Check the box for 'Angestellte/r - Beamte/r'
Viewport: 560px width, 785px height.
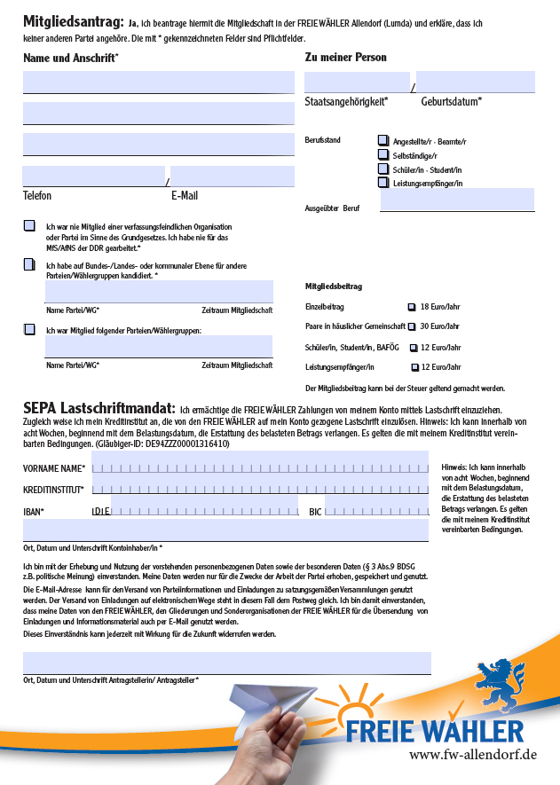[x=383, y=140]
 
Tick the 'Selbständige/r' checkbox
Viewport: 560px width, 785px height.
[x=383, y=155]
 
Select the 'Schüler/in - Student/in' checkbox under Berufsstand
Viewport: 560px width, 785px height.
[x=383, y=169]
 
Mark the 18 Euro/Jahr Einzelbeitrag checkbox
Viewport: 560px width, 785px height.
[x=411, y=307]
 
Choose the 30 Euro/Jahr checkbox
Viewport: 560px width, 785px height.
[x=412, y=326]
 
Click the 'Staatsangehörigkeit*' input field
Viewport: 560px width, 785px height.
[x=357, y=82]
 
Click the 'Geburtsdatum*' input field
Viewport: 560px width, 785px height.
[x=475, y=82]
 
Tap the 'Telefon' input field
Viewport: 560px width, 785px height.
[x=93, y=177]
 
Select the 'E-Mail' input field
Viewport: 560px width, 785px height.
[x=232, y=177]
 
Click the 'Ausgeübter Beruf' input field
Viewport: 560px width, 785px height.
[x=457, y=200]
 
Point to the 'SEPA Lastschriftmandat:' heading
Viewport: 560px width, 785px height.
[x=99, y=407]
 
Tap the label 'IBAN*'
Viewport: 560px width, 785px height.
[x=34, y=512]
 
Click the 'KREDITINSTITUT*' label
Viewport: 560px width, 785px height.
[x=53, y=490]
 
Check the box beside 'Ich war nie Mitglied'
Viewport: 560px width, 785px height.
[x=29, y=226]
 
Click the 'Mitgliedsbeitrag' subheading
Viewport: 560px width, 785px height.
[x=333, y=287]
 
